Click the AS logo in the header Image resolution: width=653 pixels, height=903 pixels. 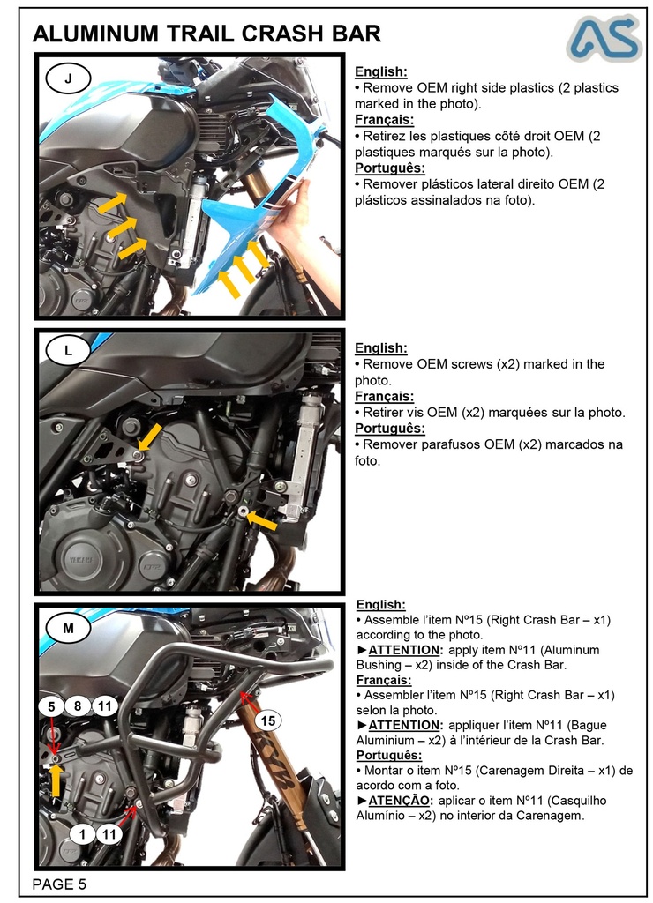click(603, 37)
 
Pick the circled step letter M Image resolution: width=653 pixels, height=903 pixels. click(69, 628)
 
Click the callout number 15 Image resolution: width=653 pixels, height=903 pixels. click(268, 720)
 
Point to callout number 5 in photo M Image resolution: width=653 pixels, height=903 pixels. click(51, 705)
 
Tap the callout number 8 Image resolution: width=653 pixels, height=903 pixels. click(78, 705)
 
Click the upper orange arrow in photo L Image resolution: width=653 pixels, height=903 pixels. click(149, 436)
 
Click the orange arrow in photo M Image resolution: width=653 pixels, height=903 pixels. click(55, 780)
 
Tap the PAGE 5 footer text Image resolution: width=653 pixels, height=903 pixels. click(59, 884)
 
